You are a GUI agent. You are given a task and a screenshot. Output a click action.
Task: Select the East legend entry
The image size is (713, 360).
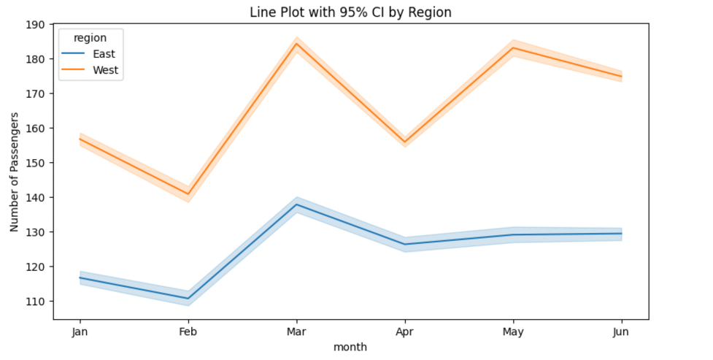(103, 54)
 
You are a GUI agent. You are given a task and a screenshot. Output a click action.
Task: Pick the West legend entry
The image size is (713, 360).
(104, 71)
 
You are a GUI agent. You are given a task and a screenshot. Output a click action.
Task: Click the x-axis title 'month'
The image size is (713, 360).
(350, 348)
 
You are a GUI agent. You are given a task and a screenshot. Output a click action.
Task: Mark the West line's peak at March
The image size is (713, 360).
(296, 44)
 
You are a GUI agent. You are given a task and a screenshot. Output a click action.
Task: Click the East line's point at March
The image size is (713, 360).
(296, 204)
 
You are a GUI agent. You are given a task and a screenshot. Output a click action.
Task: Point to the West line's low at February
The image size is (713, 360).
(188, 194)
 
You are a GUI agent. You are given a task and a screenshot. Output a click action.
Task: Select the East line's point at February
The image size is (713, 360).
(188, 298)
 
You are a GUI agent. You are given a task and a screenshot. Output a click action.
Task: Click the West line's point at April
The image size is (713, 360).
(404, 142)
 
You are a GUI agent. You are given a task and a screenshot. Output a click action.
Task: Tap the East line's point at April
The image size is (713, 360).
(404, 245)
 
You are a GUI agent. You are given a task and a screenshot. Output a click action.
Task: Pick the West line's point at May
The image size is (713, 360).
(513, 48)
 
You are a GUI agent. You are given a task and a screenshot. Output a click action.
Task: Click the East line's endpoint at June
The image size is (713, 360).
(621, 234)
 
